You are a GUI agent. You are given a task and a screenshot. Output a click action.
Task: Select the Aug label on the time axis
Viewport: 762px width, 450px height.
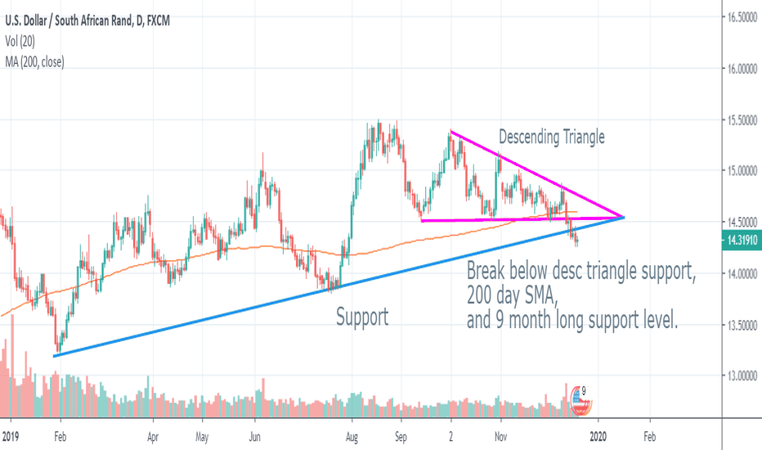[352, 438]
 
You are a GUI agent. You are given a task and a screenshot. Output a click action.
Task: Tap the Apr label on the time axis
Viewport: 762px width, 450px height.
[153, 438]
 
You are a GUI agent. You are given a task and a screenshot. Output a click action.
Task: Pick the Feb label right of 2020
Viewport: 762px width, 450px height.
[648, 438]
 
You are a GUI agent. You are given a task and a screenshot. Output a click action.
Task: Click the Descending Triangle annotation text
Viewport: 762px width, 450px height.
[552, 137]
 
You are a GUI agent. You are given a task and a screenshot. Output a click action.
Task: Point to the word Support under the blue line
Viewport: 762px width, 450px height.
[362, 317]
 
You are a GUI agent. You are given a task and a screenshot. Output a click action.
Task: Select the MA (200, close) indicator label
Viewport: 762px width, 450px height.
[34, 61]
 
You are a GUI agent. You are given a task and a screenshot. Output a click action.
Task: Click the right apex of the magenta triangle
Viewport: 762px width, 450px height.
[624, 217]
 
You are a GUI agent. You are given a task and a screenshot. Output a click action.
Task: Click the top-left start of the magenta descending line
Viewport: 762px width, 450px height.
[450, 132]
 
